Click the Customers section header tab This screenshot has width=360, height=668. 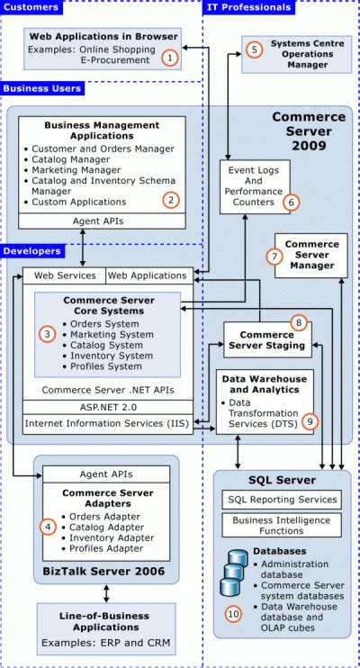click(x=32, y=8)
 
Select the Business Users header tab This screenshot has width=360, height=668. click(x=43, y=88)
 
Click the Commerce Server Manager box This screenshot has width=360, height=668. click(x=311, y=257)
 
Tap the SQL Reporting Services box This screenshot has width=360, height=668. click(x=281, y=499)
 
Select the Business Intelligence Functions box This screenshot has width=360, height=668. click(x=281, y=524)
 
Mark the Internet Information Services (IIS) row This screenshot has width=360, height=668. click(x=106, y=423)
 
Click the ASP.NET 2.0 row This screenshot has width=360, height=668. click(x=106, y=407)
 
